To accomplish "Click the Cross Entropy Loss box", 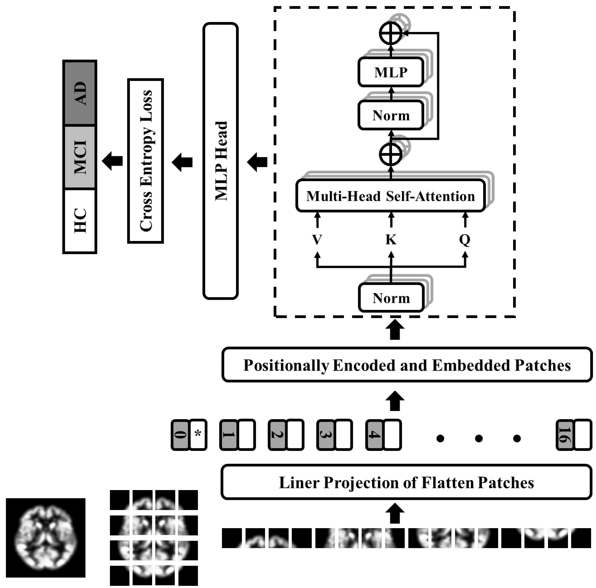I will (145, 161).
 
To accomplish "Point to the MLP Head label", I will (221, 161).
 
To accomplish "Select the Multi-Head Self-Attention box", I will (390, 196).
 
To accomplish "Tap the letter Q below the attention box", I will (465, 239).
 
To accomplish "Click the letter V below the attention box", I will (317, 239).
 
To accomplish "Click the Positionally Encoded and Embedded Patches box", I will (407, 365).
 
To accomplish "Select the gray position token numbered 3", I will (326, 434).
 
